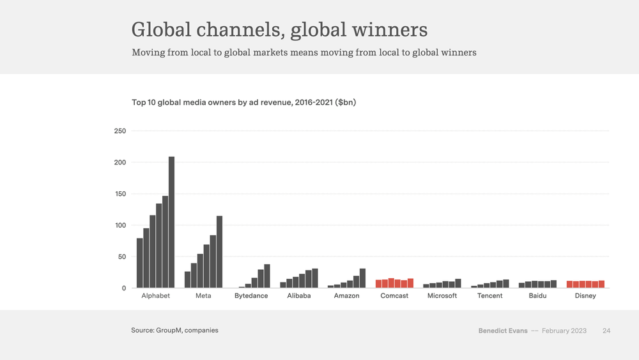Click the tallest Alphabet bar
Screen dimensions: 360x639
pyautogui.click(x=171, y=222)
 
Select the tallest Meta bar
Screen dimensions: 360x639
pyautogui.click(x=219, y=252)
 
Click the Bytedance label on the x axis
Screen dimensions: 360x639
pyautogui.click(x=251, y=296)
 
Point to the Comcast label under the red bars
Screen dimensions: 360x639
pyautogui.click(x=394, y=296)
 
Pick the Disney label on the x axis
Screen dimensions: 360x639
pyautogui.click(x=585, y=296)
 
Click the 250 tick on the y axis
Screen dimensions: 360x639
pyautogui.click(x=119, y=131)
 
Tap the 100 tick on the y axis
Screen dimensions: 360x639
pyautogui.click(x=119, y=226)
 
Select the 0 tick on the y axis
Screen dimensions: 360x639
pyautogui.click(x=123, y=288)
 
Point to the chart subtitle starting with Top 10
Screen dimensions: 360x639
pyautogui.click(x=243, y=102)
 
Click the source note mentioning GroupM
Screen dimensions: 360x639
pyautogui.click(x=174, y=331)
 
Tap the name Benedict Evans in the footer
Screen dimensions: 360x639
pyautogui.click(x=503, y=331)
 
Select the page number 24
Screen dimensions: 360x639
pyautogui.click(x=606, y=331)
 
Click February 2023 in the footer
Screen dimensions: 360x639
pyautogui.click(x=564, y=331)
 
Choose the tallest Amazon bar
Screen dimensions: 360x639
pyautogui.click(x=362, y=278)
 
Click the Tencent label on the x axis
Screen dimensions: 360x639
pyautogui.click(x=490, y=296)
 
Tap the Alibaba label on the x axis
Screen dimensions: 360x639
pyautogui.click(x=299, y=296)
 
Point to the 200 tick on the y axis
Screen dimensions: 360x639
pyautogui.click(x=119, y=162)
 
